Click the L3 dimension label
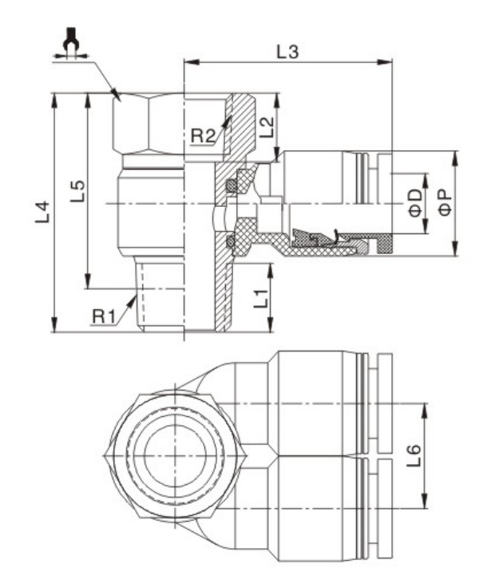290,54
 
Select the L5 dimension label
77,192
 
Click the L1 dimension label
259,300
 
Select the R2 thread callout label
203,134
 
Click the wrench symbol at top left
72,40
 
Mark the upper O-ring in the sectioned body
232,187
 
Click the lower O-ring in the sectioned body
232,240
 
